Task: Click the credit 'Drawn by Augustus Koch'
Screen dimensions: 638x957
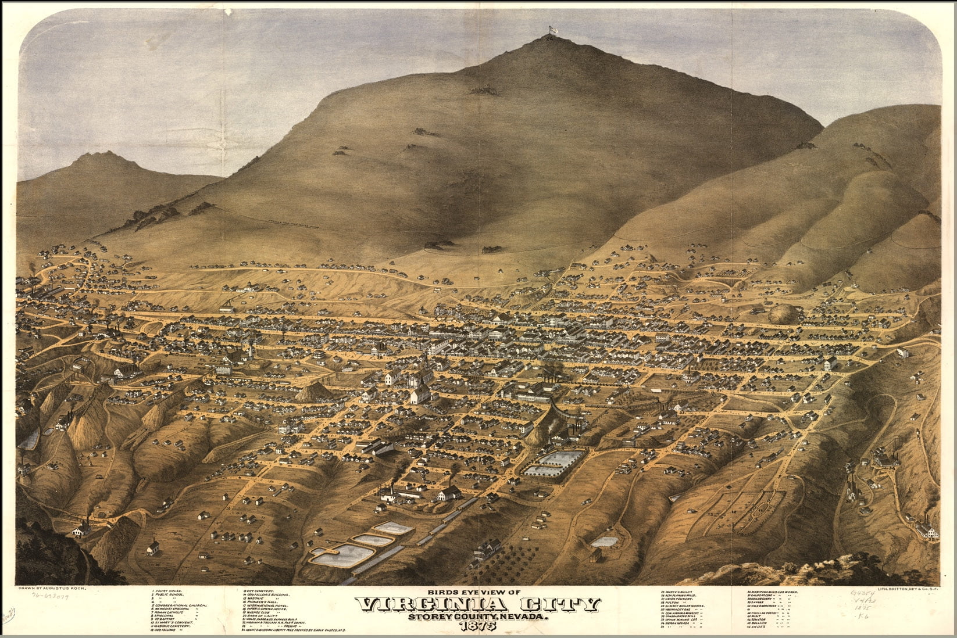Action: [52, 589]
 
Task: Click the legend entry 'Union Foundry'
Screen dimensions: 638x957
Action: [680, 603]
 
